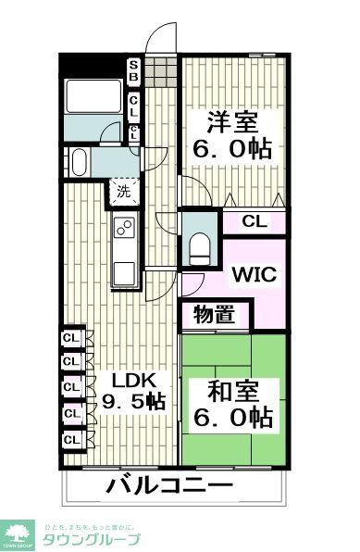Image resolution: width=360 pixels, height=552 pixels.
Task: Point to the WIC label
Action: click(x=252, y=274)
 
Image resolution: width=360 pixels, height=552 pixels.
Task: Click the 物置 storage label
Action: click(x=214, y=315)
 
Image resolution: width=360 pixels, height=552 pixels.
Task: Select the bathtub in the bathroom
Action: click(x=93, y=95)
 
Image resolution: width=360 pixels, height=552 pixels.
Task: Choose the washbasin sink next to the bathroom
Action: click(x=78, y=162)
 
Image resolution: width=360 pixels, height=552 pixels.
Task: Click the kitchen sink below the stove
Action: click(x=124, y=274)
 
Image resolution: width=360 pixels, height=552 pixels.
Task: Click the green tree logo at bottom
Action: click(x=18, y=533)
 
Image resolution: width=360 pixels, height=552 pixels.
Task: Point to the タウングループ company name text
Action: click(x=93, y=540)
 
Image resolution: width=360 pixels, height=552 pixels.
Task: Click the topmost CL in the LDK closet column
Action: click(x=70, y=338)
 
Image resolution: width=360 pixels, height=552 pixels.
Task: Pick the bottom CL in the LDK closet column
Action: click(x=70, y=438)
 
